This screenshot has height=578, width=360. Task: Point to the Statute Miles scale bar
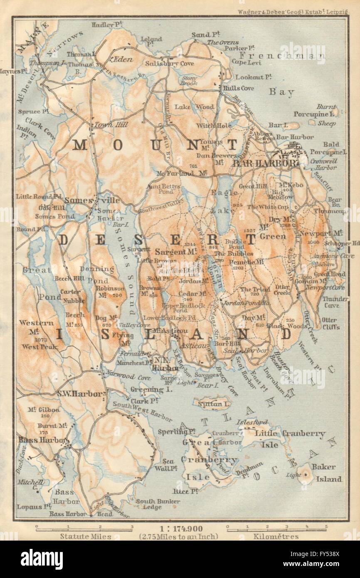point(84,529)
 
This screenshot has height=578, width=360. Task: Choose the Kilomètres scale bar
point(276,529)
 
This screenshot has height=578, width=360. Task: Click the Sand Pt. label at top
point(201,35)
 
